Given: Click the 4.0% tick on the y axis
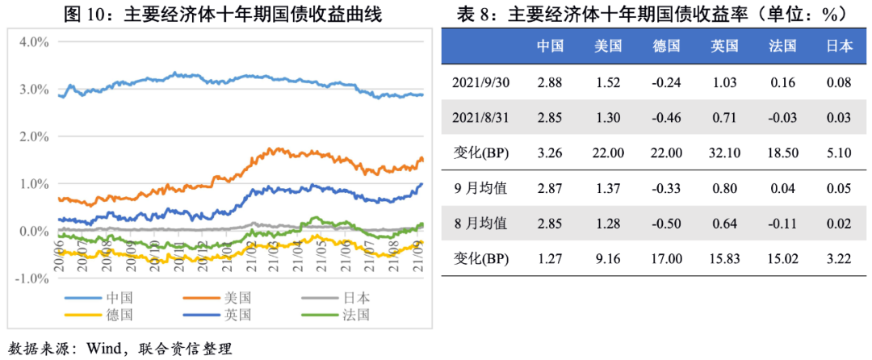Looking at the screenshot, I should (x=31, y=42).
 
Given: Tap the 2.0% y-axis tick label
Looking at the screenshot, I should (x=31, y=136).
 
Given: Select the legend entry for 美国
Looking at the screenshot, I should (x=238, y=297).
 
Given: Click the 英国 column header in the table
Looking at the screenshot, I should (x=724, y=46).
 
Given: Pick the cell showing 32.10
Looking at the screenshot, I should (x=724, y=153).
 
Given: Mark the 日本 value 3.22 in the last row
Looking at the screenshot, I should (x=839, y=259).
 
